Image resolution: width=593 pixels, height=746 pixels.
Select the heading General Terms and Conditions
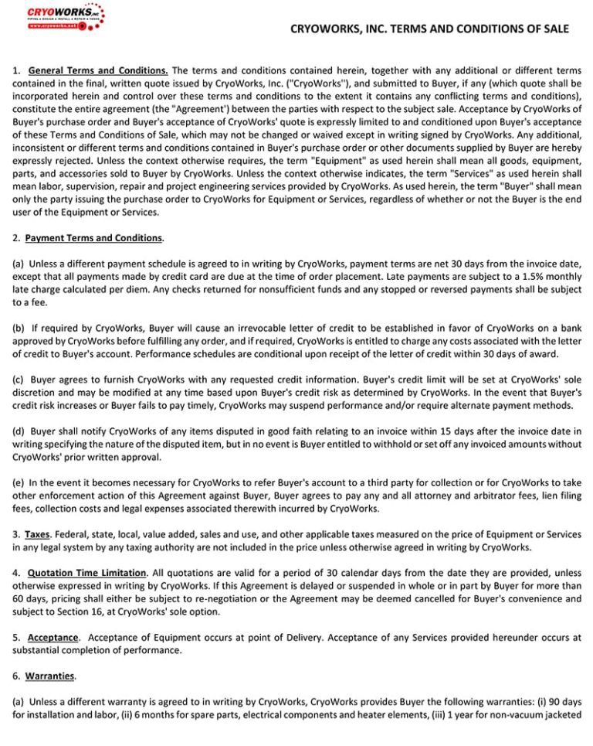[x=98, y=70]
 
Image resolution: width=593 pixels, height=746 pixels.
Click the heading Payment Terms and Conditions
[x=93, y=238]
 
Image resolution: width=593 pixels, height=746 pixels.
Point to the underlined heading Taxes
[x=37, y=534]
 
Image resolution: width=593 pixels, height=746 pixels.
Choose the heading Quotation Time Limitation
[x=86, y=573]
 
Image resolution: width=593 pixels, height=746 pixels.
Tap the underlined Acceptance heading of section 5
[x=53, y=638]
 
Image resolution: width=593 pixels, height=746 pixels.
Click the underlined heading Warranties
[x=50, y=676]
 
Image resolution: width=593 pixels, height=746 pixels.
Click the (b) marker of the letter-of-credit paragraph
[x=19, y=328]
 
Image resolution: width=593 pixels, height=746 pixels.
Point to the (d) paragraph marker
[x=19, y=431]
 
